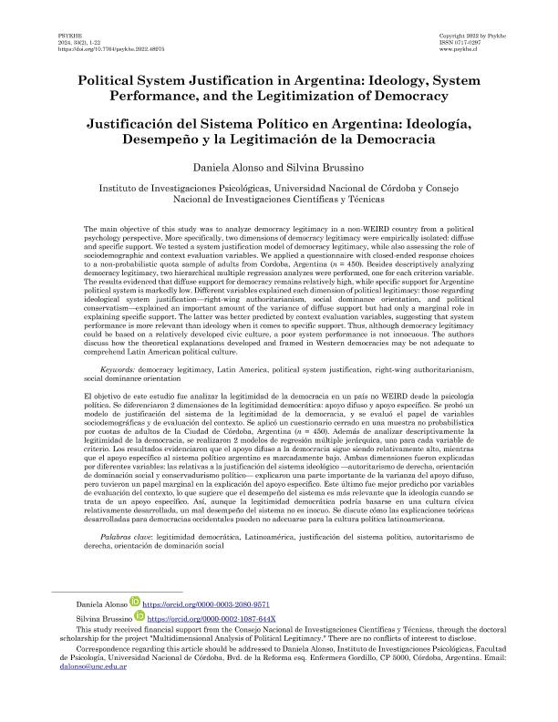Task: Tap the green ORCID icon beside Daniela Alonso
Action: click(x=134, y=603)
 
